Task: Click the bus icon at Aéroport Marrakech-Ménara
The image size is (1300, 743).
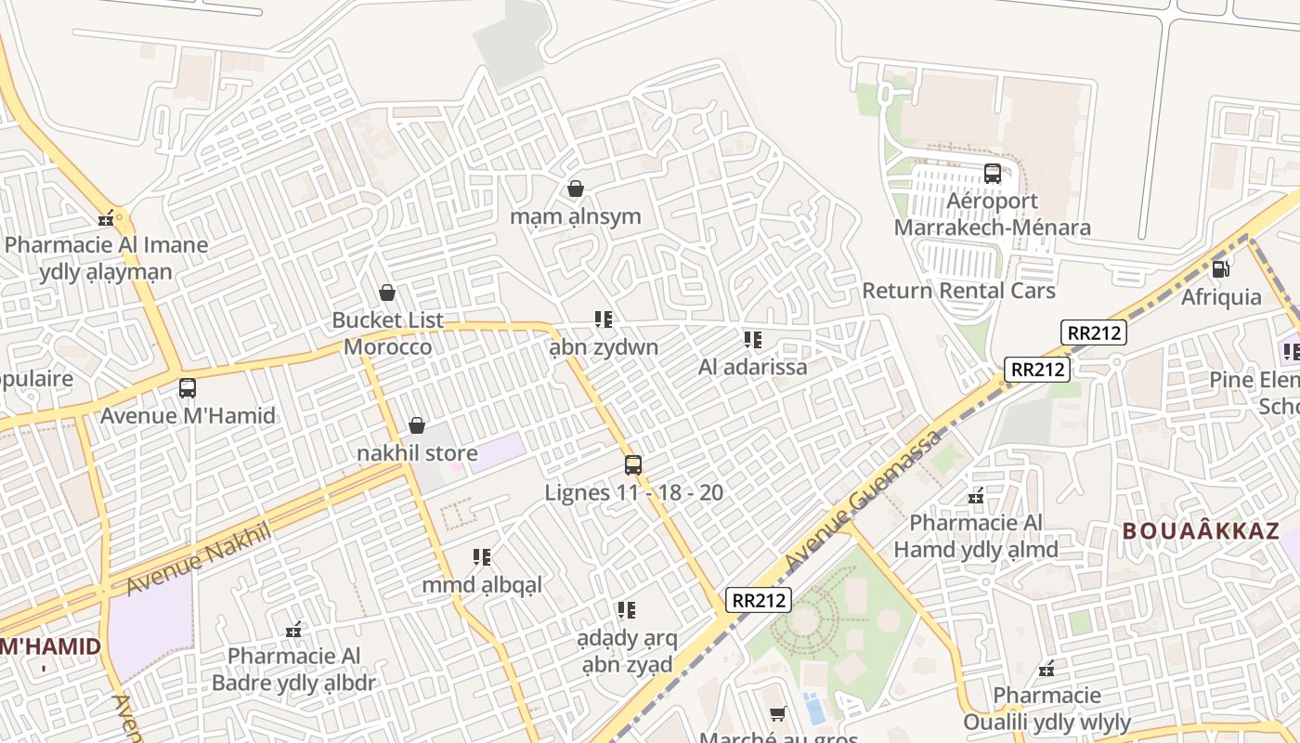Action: pos(992,174)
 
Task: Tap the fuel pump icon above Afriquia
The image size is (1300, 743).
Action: pos(1220,269)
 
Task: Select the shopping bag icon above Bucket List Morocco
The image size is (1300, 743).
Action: pos(387,293)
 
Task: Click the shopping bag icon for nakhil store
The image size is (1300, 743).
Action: pos(417,425)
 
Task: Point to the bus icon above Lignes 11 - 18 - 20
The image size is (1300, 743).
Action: pos(633,464)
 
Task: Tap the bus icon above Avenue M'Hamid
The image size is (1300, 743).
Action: pos(188,387)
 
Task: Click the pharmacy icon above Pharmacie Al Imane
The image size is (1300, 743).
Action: pos(108,218)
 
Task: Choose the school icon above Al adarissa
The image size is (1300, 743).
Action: pos(752,340)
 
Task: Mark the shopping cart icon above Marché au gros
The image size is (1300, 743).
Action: pos(778,713)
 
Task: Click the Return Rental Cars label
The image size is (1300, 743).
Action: pos(958,291)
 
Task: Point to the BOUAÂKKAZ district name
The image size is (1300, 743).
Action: pos(1201,532)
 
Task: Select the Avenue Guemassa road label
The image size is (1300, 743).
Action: pos(863,502)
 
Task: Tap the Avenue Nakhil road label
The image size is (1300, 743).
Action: pos(199,558)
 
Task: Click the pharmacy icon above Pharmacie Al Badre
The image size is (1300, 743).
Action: pos(294,630)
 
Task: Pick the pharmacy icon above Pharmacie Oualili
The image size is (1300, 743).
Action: pos(1047,668)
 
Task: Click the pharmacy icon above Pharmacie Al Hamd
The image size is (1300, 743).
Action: pos(976,496)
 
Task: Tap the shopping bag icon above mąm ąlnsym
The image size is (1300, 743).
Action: pos(576,189)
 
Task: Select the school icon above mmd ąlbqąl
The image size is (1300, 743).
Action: pos(482,557)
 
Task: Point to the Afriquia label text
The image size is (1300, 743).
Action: pos(1221,297)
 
